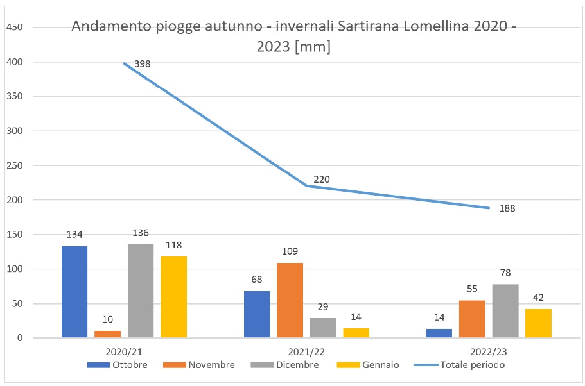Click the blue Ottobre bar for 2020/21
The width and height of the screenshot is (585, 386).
(74, 292)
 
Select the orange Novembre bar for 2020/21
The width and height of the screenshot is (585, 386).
(108, 334)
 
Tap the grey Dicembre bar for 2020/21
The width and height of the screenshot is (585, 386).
(141, 291)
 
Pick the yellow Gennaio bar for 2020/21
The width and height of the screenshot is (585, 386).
(173, 297)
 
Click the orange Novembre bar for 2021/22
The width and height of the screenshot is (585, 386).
(290, 300)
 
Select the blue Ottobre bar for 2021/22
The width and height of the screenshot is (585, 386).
(257, 314)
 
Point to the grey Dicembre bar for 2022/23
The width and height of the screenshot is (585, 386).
(505, 311)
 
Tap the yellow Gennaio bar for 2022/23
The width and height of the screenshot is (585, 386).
(538, 323)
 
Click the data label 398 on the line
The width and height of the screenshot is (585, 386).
(142, 64)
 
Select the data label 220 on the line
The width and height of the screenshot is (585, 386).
(322, 180)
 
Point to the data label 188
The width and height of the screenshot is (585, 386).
(507, 208)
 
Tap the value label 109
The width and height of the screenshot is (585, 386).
(290, 251)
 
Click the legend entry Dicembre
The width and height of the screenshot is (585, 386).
(297, 365)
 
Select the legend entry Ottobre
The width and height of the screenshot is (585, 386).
(130, 365)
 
